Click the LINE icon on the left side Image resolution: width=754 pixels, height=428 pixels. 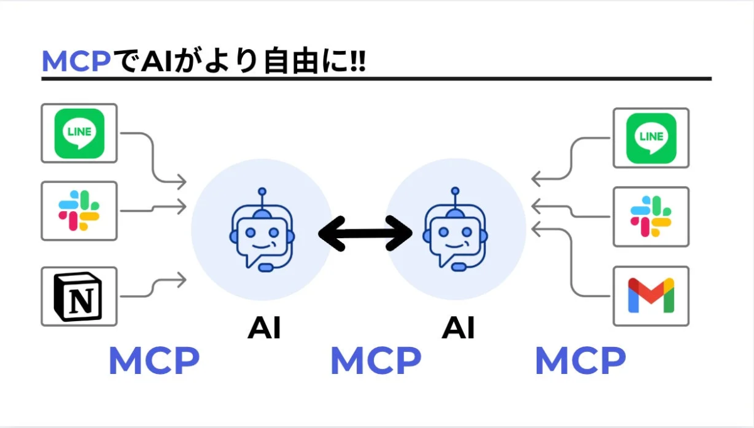79,133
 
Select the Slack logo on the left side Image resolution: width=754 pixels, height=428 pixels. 79,211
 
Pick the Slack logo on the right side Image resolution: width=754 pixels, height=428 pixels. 651,216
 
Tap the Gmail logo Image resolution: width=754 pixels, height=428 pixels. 651,296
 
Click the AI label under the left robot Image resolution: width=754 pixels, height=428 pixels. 263,327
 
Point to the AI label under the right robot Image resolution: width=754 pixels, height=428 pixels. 458,327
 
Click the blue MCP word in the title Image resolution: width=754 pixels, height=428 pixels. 76,62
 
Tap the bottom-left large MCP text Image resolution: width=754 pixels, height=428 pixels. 154,361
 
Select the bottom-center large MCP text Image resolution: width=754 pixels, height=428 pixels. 376,361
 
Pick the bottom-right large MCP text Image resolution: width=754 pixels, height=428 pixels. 580,361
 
